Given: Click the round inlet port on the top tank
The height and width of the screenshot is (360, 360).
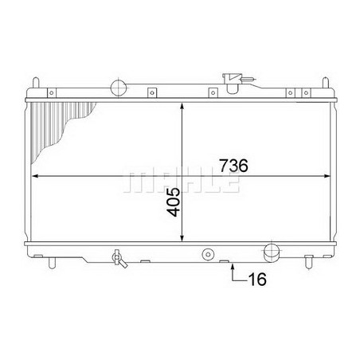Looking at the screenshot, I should coord(119,87).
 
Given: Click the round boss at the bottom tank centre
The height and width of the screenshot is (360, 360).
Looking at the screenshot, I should coord(209,255).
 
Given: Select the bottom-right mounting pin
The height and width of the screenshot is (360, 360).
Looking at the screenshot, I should coord(307,261).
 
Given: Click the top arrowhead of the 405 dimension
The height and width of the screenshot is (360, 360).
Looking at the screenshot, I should coord(184,104).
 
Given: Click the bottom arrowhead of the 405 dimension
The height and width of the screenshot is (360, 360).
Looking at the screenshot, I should coord(184,238).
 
